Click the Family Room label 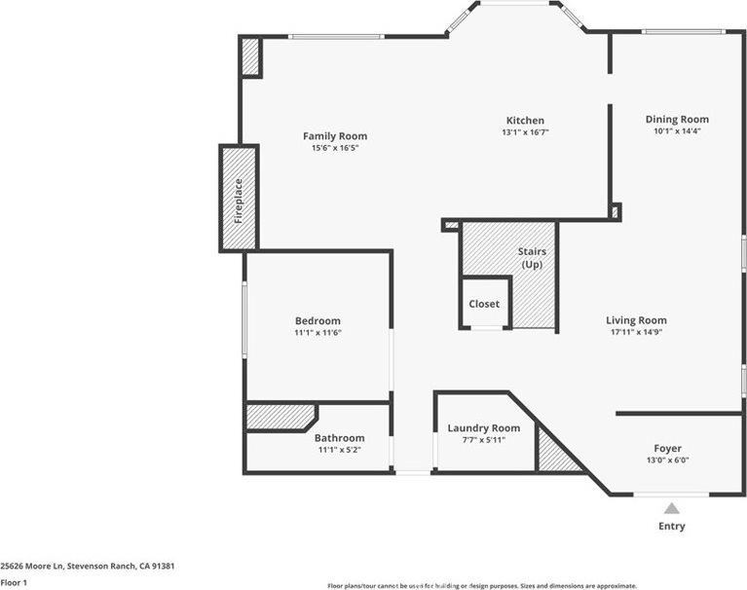(x=334, y=136)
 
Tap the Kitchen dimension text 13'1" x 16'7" (x=524, y=132)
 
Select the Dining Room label (x=676, y=119)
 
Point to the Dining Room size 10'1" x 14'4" (x=676, y=130)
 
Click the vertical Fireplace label (x=238, y=199)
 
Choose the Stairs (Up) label (x=531, y=258)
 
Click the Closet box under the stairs (x=484, y=304)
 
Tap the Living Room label (x=636, y=320)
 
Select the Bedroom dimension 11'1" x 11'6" (x=317, y=333)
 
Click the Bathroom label (x=339, y=438)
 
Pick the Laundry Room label (x=483, y=428)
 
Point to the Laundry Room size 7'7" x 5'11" (x=483, y=440)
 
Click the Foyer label (x=667, y=449)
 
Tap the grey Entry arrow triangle (x=671, y=508)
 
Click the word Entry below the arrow (x=671, y=527)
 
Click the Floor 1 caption (x=14, y=582)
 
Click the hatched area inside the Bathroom (x=277, y=417)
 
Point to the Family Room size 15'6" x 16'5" (x=334, y=148)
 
